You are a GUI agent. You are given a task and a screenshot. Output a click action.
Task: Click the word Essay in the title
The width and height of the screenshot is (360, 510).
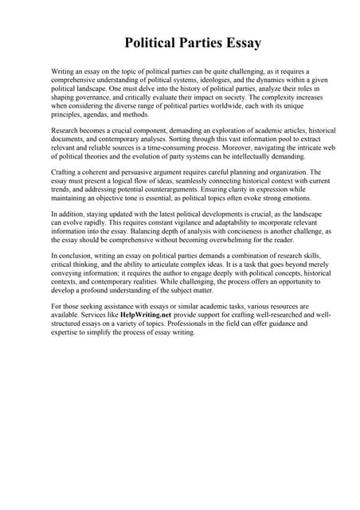coord(237,41)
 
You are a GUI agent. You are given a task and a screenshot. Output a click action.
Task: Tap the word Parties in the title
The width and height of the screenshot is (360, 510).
coord(185,41)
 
